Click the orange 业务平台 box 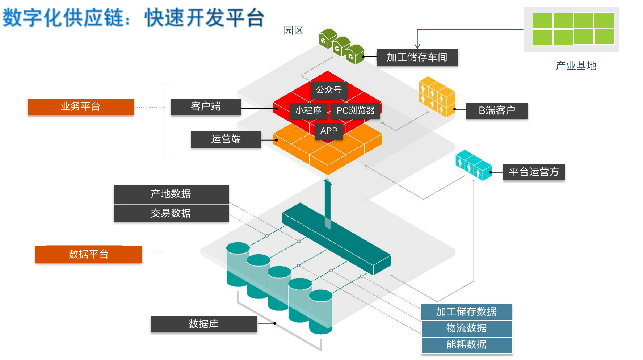(80, 107)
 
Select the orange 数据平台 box (88, 254)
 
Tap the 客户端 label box (206, 107)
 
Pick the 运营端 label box (226, 139)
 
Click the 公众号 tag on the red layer (329, 90)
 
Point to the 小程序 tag (308, 110)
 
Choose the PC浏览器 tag (356, 110)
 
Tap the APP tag (329, 131)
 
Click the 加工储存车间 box (417, 58)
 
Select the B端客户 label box (497, 110)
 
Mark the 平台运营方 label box (534, 172)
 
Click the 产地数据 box (171, 194)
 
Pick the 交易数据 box (171, 213)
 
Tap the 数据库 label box (203, 324)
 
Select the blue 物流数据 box (466, 328)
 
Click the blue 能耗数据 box (466, 345)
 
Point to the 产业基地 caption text (576, 66)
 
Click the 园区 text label (293, 30)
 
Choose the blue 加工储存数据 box (466, 312)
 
